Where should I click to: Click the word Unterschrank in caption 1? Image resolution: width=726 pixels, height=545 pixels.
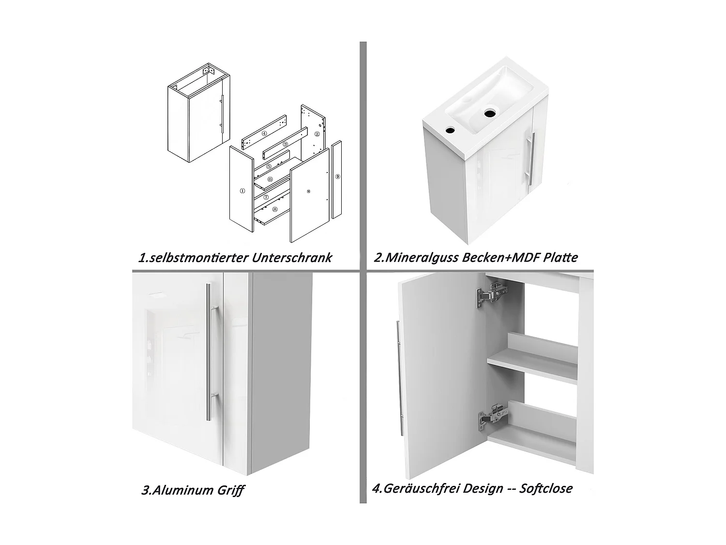(291, 258)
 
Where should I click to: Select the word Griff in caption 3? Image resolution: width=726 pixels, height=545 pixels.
(230, 490)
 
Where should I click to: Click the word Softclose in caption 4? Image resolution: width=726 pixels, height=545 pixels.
(546, 488)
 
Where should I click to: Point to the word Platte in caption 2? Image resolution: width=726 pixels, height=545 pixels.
(560, 257)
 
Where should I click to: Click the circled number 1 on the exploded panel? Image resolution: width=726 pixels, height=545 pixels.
(242, 191)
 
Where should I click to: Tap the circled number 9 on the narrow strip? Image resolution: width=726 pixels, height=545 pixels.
(337, 177)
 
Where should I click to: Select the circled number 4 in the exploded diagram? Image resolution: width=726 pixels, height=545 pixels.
(264, 134)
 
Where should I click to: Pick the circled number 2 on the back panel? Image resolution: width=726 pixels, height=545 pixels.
(317, 134)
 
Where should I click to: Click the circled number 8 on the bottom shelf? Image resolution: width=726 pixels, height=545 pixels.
(275, 209)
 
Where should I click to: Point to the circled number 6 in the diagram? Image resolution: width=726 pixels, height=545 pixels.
(270, 179)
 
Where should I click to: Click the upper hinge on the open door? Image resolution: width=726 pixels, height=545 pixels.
(491, 294)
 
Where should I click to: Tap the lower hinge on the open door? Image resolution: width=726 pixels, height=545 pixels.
(493, 417)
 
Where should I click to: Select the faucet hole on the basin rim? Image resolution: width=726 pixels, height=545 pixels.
(450, 130)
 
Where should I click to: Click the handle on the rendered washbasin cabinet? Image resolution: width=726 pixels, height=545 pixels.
(530, 159)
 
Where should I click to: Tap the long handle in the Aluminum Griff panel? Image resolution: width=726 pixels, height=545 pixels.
(211, 352)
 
